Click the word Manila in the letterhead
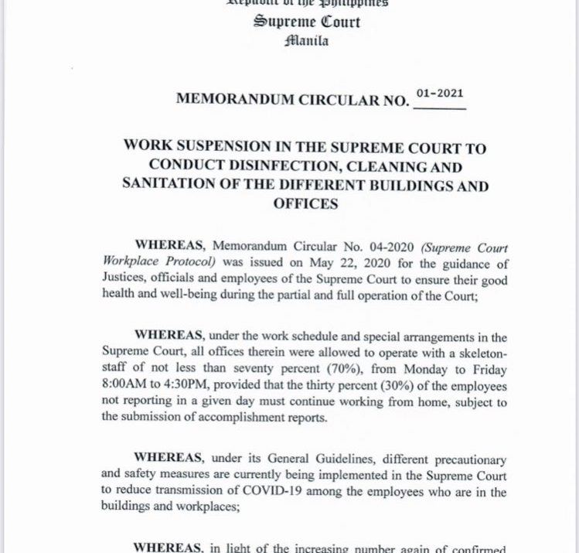point(307,41)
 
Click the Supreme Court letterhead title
point(307,21)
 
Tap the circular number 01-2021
point(440,94)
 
